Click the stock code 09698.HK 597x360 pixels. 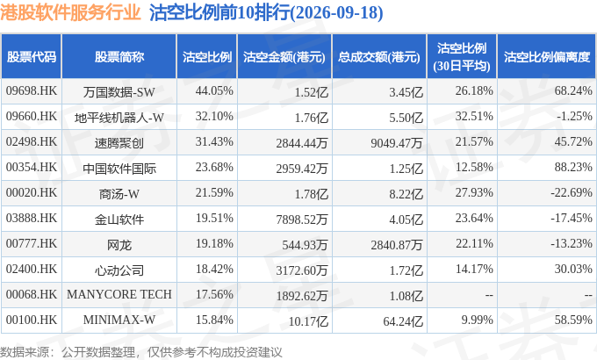coord(32,91)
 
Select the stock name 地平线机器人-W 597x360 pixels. coord(119,118)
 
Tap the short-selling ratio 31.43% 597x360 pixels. coord(214,141)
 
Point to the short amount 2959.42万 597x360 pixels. coord(302,168)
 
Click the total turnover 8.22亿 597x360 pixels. coord(406,193)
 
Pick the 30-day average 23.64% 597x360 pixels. coord(474,219)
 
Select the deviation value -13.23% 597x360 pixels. coord(572,243)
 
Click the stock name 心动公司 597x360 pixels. coord(119,270)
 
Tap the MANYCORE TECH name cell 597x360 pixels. coord(119,294)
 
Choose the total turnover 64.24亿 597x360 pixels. coord(403,321)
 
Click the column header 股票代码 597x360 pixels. coord(32,57)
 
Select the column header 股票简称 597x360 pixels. coord(119,57)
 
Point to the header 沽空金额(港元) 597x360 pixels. coord(284,57)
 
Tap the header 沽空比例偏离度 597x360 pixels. coord(547,57)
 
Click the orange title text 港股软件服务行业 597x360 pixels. coord(70,12)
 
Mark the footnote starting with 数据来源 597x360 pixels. coord(141,351)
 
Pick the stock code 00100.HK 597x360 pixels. coord(32,320)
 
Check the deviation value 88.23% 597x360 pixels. coord(573,167)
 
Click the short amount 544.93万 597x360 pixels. coord(305,245)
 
